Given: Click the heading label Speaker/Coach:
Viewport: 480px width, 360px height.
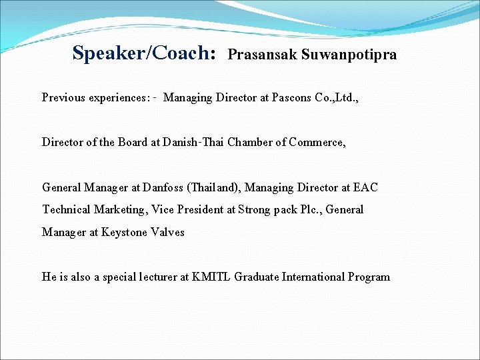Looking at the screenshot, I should (144, 53).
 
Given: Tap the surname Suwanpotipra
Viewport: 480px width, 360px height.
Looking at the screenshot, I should (349, 55).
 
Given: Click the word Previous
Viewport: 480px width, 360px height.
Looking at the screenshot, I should (63, 98).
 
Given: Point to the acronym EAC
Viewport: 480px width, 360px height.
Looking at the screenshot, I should (365, 187).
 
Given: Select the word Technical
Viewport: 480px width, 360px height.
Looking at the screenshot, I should (66, 210).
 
